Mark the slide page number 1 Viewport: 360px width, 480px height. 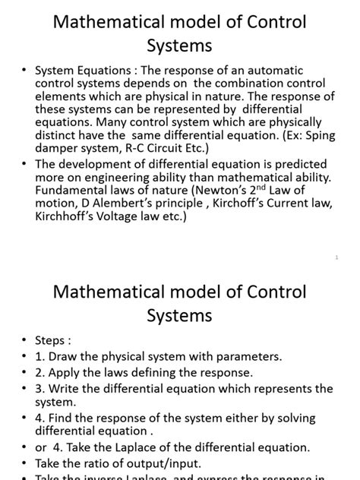(x=336, y=257)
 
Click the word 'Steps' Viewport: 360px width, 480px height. (x=52, y=341)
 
